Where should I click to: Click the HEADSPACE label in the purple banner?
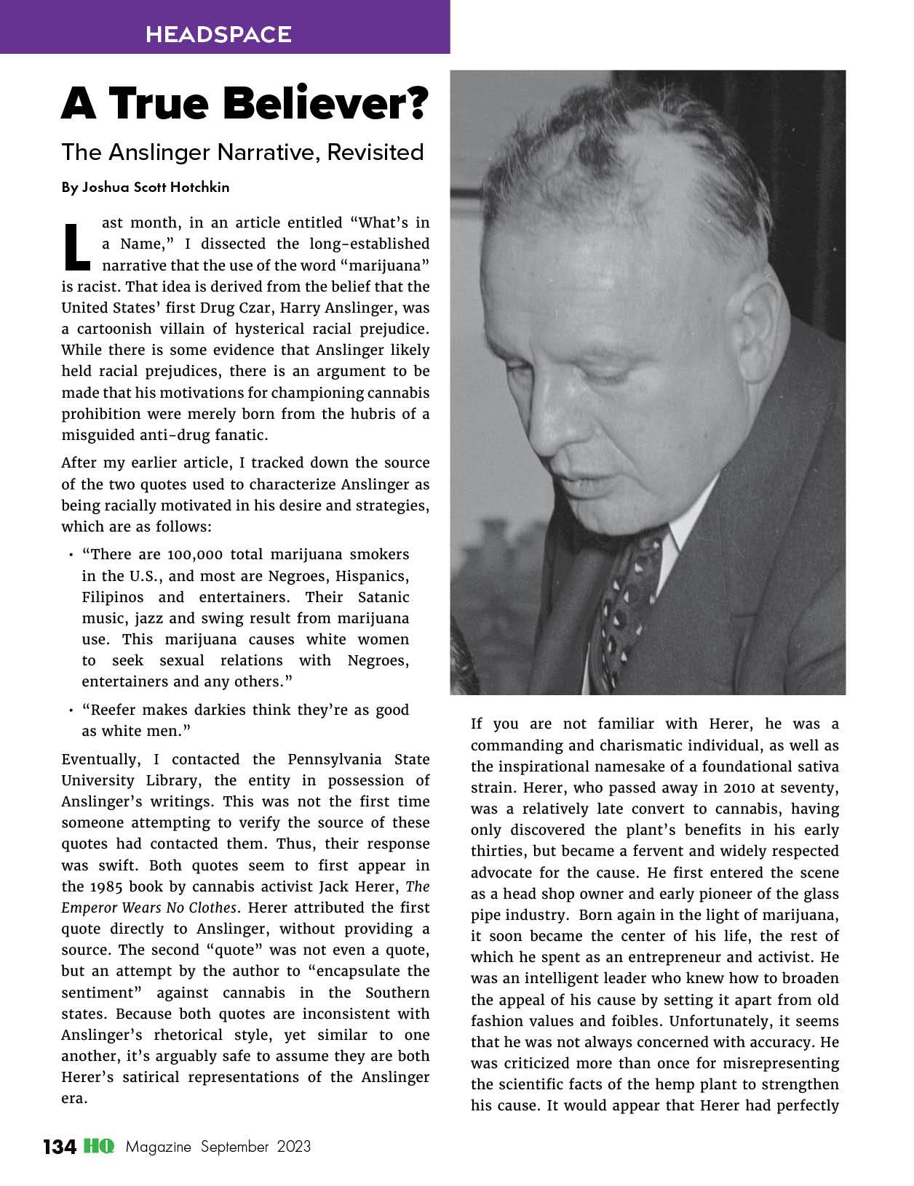[218, 34]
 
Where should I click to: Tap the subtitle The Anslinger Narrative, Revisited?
[242, 152]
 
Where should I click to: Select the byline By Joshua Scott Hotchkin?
[146, 187]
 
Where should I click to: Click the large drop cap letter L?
[77, 244]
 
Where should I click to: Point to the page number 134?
[59, 1147]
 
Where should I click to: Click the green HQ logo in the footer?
[98, 1147]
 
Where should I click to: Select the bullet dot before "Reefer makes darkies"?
[71, 711]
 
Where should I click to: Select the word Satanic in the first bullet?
[384, 597]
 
